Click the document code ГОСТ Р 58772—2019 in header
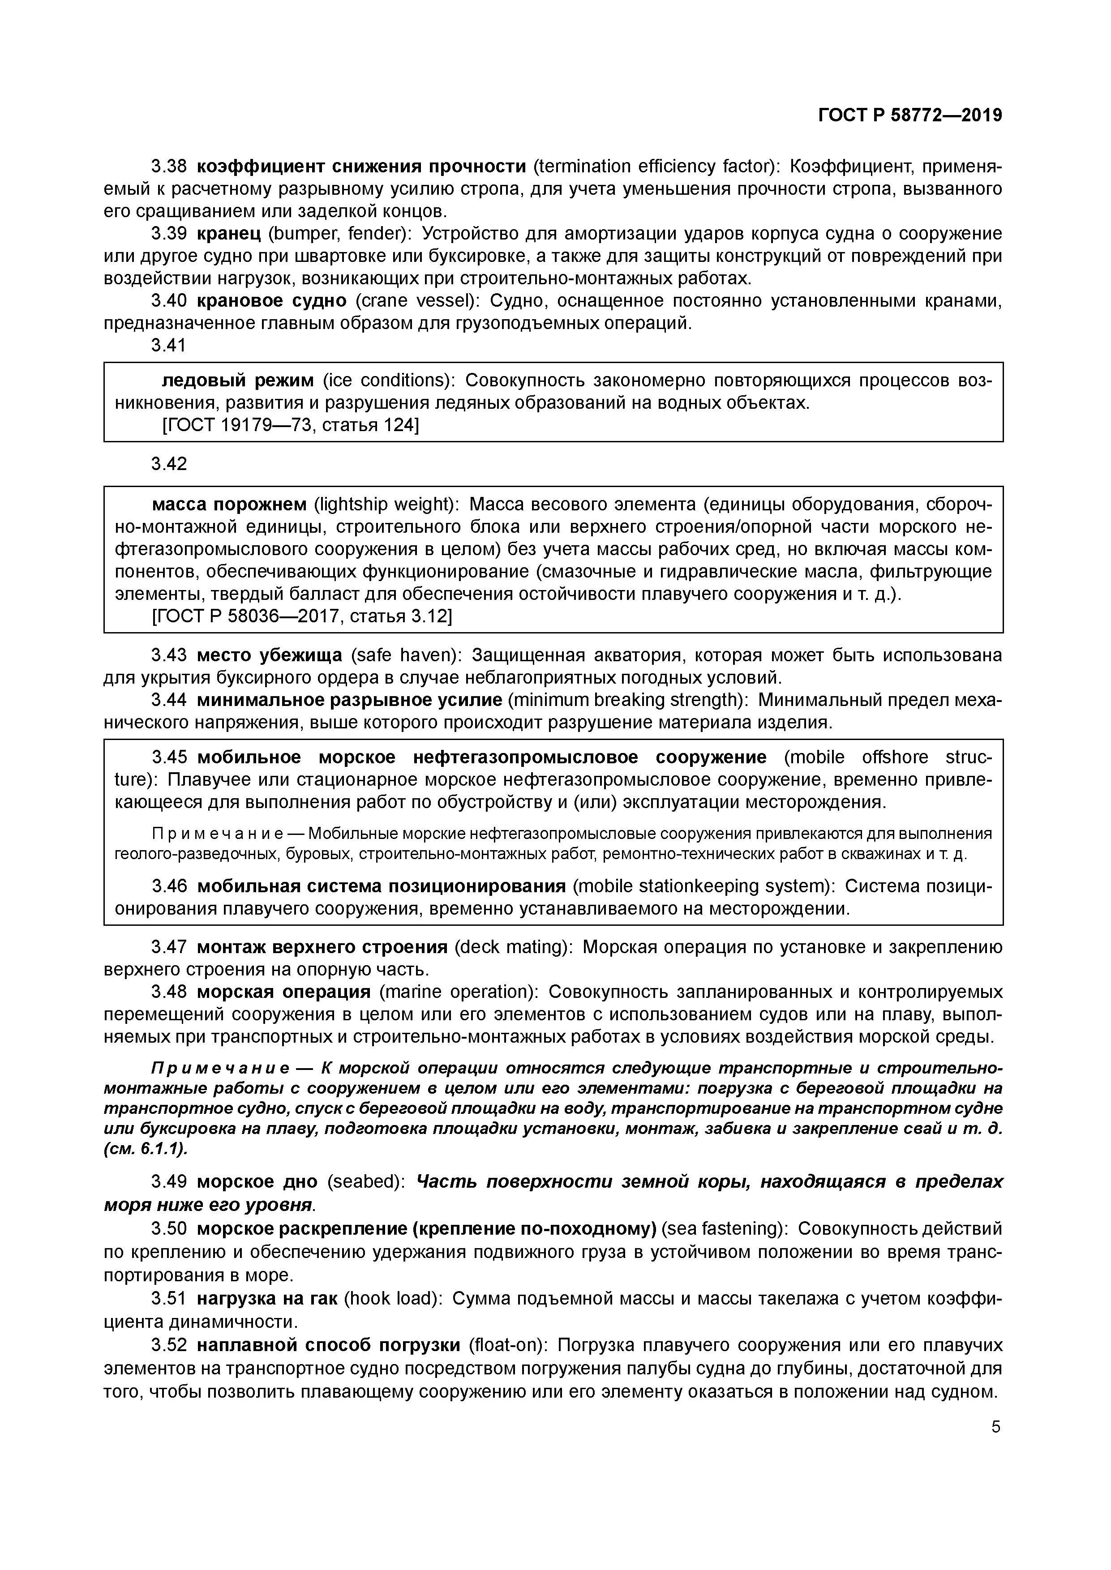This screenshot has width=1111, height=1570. (910, 116)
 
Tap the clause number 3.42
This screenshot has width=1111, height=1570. (168, 464)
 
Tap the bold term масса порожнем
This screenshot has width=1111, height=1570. (229, 505)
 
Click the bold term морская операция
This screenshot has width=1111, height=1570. (283, 992)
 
